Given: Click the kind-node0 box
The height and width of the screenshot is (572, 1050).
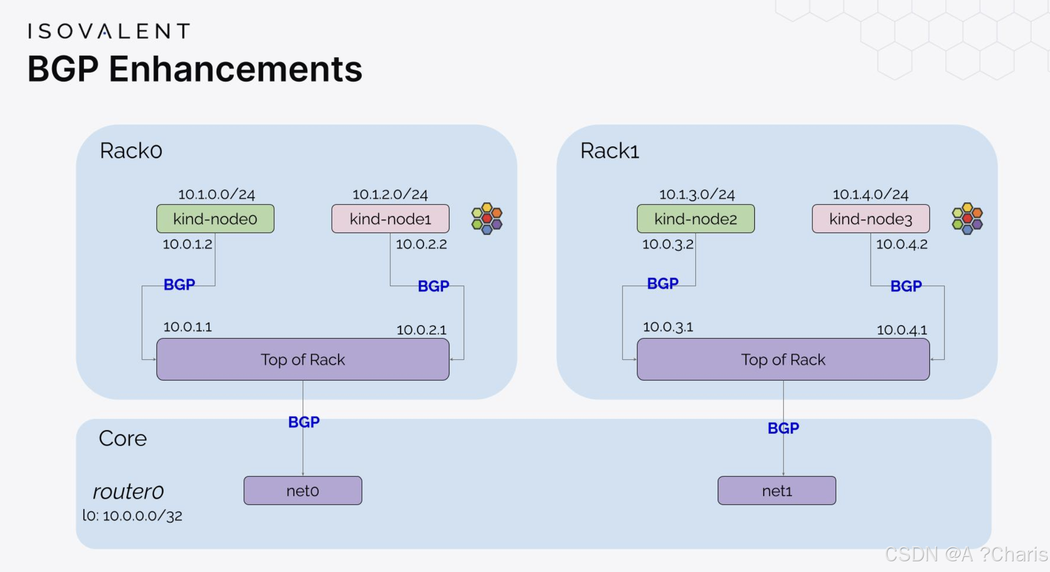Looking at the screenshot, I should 215,219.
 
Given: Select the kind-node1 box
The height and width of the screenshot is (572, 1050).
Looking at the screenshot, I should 390,219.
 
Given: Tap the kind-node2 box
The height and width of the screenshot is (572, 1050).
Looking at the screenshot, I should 695,219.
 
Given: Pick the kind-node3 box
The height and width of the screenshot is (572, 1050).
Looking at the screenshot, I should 870,219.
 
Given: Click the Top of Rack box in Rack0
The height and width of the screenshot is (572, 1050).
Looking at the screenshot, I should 303,360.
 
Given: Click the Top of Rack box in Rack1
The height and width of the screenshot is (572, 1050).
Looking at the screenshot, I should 783,360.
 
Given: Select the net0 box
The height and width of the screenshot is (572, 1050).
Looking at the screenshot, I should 303,490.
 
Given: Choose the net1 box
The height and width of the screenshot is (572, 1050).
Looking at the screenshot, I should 777,490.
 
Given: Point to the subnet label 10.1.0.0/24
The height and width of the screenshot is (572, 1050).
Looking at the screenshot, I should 216,194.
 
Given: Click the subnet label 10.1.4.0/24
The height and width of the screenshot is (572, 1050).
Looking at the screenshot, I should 870,194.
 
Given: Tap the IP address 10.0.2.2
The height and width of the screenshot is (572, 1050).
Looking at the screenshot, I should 421,244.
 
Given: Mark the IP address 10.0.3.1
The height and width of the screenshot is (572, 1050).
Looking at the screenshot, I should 667,327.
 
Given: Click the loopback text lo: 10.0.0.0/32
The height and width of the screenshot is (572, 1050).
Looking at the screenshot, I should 132,515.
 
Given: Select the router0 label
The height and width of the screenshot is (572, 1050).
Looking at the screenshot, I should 128,491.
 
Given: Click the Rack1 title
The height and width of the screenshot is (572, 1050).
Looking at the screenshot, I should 609,150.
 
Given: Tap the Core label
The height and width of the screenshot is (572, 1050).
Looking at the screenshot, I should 122,438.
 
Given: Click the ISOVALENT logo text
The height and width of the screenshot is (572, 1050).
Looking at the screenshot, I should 108,31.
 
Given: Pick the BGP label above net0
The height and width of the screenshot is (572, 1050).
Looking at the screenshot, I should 303,422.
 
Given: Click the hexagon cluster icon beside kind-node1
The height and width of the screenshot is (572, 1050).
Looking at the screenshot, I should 486,218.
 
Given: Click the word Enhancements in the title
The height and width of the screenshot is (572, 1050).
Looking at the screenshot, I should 235,69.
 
